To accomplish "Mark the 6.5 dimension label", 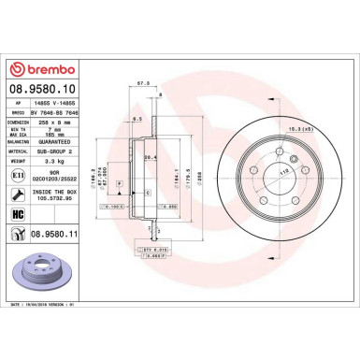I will click(x=137, y=120).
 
